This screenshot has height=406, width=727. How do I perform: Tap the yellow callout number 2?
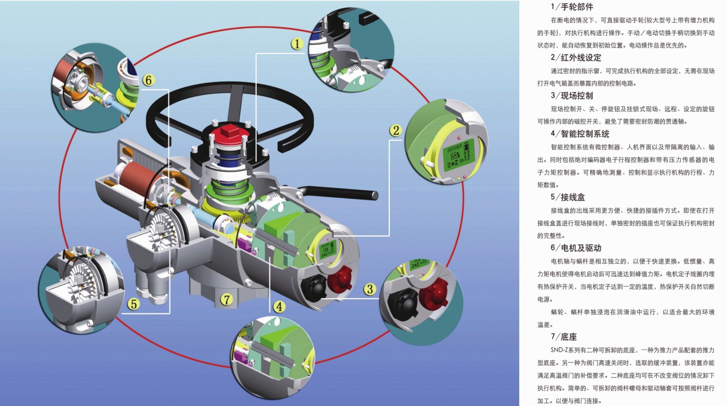pyautogui.click(x=395, y=130)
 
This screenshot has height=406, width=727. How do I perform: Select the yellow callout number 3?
pyautogui.click(x=370, y=289)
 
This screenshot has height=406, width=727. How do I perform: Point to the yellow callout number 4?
pyautogui.click(x=280, y=307)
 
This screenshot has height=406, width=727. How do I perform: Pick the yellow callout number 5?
pyautogui.click(x=134, y=304)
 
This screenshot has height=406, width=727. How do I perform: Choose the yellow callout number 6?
pyautogui.click(x=148, y=80)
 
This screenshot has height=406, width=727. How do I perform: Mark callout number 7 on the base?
pyautogui.click(x=227, y=300)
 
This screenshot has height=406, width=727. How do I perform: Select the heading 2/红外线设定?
pyautogui.click(x=576, y=57)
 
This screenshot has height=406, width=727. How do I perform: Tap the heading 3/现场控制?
pyautogui.click(x=572, y=96)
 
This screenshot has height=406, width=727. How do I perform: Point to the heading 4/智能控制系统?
pyautogui.click(x=580, y=133)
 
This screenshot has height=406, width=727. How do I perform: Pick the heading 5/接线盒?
pyautogui.click(x=568, y=197)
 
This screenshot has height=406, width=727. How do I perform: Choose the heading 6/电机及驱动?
pyautogui.click(x=576, y=248)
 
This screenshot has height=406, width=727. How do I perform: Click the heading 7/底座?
pyautogui.click(x=564, y=336)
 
